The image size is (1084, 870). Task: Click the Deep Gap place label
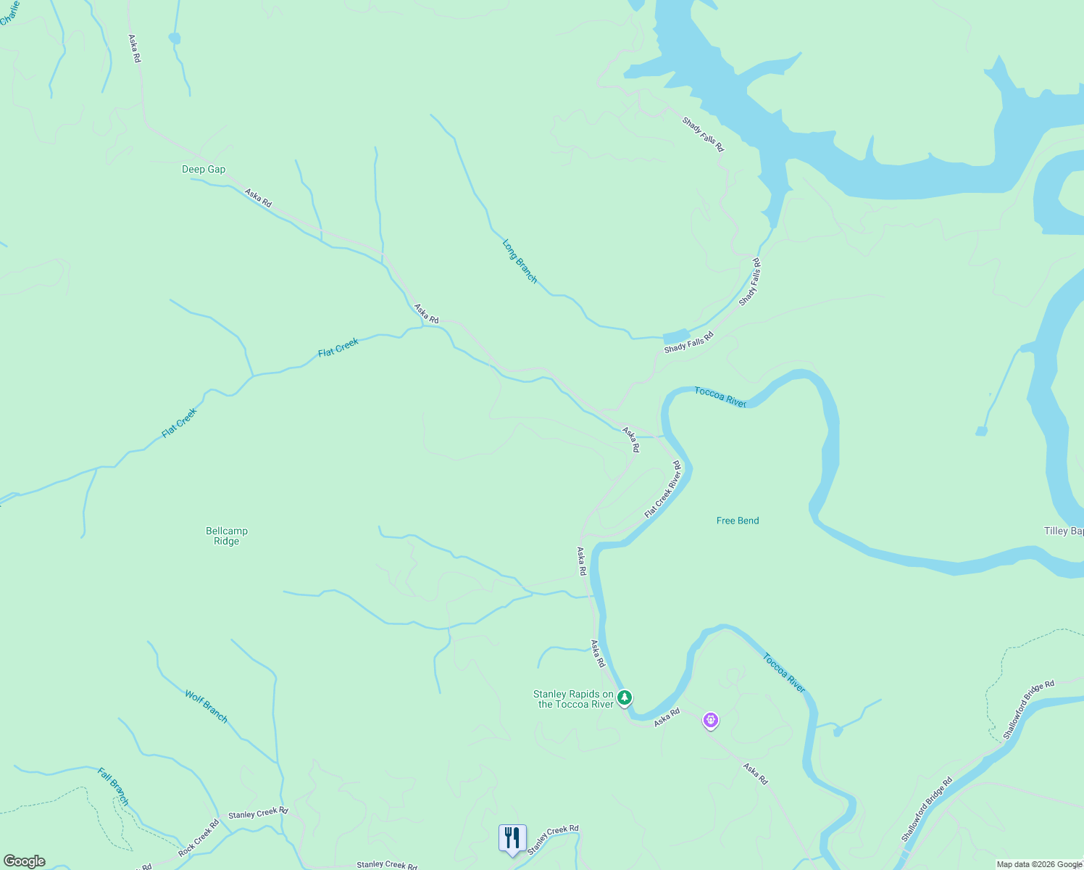204,170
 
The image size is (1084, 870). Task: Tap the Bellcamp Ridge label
227,536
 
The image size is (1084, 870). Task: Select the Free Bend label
738,521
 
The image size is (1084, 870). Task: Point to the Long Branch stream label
520,261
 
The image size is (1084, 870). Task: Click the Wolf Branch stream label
206,706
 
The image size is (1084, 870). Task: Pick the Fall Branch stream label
113,787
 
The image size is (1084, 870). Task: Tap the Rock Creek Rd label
199,838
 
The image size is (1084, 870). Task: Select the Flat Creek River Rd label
663,489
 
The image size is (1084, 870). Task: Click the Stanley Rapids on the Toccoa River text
574,699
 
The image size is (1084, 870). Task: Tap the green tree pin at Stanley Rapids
625,697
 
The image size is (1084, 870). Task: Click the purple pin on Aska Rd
712,720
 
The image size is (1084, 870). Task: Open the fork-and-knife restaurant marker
512,837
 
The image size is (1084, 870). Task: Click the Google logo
25,861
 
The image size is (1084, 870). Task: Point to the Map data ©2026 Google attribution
1039,864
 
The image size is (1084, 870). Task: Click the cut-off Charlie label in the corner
9,13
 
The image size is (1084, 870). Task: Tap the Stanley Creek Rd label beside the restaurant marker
553,840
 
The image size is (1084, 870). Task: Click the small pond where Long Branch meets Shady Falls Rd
676,336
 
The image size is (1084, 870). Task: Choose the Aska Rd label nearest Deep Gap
258,198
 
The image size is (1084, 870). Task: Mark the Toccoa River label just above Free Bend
720,397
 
